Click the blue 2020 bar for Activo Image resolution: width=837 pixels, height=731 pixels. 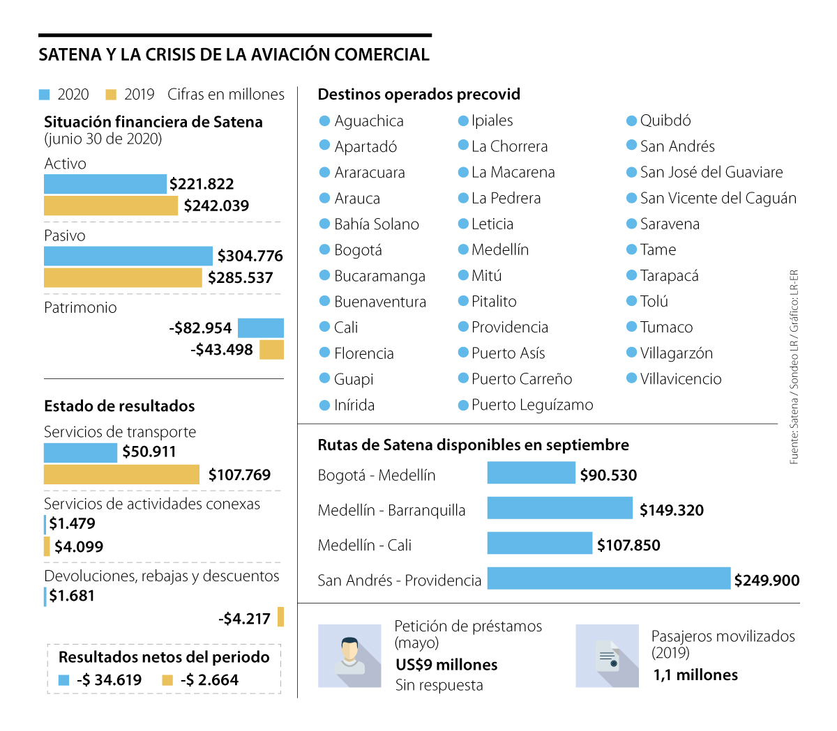pos(105,184)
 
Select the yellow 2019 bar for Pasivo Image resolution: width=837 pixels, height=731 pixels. pos(123,277)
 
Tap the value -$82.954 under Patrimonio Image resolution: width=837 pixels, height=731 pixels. pos(200,328)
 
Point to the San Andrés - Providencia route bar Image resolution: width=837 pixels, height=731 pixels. pos(608,578)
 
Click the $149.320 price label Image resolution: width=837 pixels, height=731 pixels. pos(672,510)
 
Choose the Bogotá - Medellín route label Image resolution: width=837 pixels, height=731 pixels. pos(377,475)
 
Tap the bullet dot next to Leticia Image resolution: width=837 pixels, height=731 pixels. pos(463,224)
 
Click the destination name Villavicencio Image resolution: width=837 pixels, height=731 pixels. pos(681,379)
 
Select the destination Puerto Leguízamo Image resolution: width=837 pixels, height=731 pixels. pos(532,405)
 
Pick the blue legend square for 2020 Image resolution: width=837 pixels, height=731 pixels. pos(45,95)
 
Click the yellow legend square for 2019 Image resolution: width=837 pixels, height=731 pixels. pos(111,95)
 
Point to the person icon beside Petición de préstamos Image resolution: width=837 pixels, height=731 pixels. pos(349,656)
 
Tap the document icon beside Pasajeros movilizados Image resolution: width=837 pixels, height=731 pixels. pos(607,656)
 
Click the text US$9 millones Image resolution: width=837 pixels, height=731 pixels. pos(446,665)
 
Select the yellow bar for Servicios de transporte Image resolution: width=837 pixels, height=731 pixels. pos(121,475)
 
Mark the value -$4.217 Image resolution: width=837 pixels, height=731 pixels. pos(244,619)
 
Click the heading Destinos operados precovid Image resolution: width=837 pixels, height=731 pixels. pos(418,94)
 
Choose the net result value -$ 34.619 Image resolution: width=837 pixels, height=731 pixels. pos(109,680)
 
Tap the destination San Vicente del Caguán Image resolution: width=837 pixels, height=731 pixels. pos(718,198)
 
